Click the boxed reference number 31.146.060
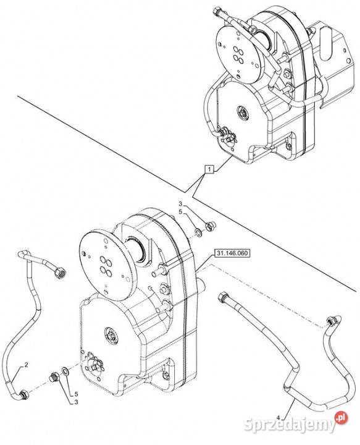coord(232,253)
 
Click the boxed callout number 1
coord(209,169)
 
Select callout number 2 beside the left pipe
coord(26,365)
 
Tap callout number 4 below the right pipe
coord(278,418)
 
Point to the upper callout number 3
coord(180,204)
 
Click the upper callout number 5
coord(180,212)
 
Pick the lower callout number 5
coord(76,394)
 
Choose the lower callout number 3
coord(76,402)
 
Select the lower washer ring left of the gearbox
coord(65,371)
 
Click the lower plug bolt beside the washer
coord(54,376)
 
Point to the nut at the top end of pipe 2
coord(61,273)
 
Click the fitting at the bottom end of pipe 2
coord(23,394)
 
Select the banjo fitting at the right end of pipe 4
coord(333,320)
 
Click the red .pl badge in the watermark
coord(341,417)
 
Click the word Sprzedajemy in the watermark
coord(289,425)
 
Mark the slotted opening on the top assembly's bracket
coord(327,43)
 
